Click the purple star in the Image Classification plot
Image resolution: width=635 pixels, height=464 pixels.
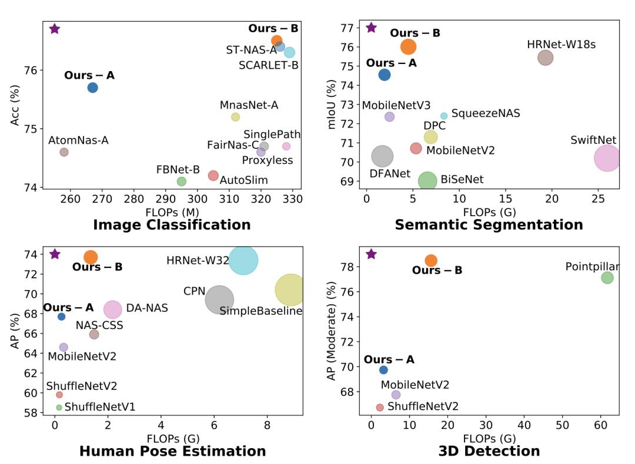click(55, 29)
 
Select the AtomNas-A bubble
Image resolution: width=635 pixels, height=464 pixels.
click(64, 152)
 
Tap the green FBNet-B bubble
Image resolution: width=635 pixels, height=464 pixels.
click(182, 181)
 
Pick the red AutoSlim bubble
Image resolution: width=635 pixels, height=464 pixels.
click(213, 176)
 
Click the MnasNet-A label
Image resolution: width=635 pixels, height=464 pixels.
click(249, 105)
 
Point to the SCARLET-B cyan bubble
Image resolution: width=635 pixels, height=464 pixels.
click(290, 52)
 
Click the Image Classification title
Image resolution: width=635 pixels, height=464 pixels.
click(172, 225)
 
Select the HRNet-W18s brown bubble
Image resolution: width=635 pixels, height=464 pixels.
click(546, 58)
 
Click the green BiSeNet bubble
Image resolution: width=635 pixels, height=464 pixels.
click(427, 181)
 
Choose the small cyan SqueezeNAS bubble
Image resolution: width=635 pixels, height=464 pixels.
click(444, 116)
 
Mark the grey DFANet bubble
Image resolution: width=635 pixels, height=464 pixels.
click(383, 156)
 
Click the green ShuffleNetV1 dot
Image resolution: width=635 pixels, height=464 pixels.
click(59, 408)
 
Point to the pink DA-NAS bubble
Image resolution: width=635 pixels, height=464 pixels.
click(112, 309)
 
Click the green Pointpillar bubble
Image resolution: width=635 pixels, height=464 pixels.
click(607, 278)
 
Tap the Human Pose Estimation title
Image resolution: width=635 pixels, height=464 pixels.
click(172, 451)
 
